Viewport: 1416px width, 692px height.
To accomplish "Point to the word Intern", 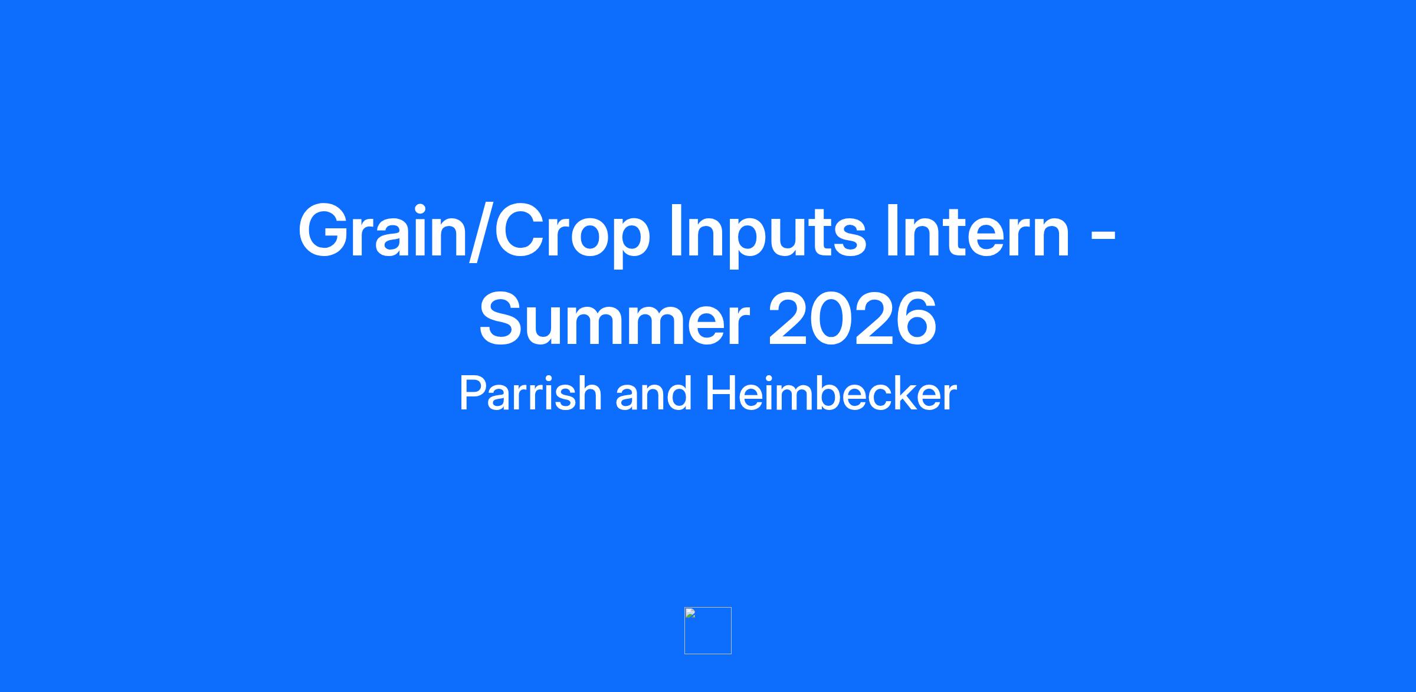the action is tap(977, 231).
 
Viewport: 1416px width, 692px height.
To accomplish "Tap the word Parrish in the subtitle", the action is tap(530, 393).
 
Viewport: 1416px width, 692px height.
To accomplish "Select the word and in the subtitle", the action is tap(653, 393).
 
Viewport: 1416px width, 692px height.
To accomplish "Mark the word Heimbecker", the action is tap(831, 393).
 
